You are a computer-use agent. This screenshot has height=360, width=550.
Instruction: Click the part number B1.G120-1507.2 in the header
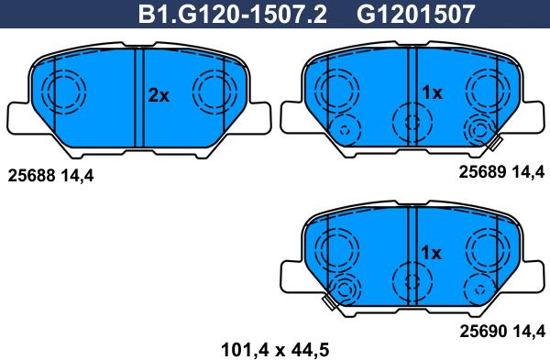coord(233,15)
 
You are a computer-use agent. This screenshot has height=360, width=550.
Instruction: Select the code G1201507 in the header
coord(416,15)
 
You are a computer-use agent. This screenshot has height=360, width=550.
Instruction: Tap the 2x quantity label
coord(159,95)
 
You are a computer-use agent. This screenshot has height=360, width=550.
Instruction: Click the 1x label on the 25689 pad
coord(432,93)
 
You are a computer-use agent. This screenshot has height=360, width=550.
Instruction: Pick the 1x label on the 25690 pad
coord(431,253)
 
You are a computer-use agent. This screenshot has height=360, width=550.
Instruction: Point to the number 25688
coord(31,175)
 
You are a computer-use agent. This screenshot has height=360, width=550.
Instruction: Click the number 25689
coord(483,172)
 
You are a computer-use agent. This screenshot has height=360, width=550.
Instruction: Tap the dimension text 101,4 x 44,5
coord(275,350)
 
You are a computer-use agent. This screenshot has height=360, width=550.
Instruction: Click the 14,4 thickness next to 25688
coord(77,176)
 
